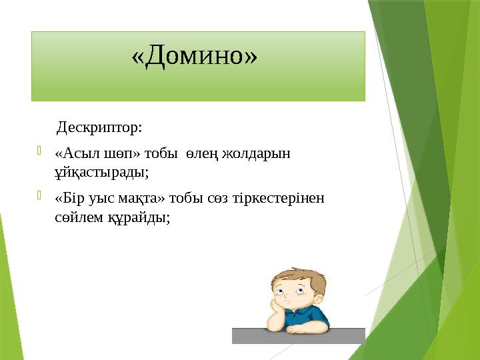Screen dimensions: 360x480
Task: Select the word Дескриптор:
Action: click(x=99, y=127)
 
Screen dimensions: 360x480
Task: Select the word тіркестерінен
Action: click(x=284, y=199)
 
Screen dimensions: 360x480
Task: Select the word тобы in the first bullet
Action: click(x=157, y=153)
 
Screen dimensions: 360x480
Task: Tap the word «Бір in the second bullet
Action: click(x=70, y=199)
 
